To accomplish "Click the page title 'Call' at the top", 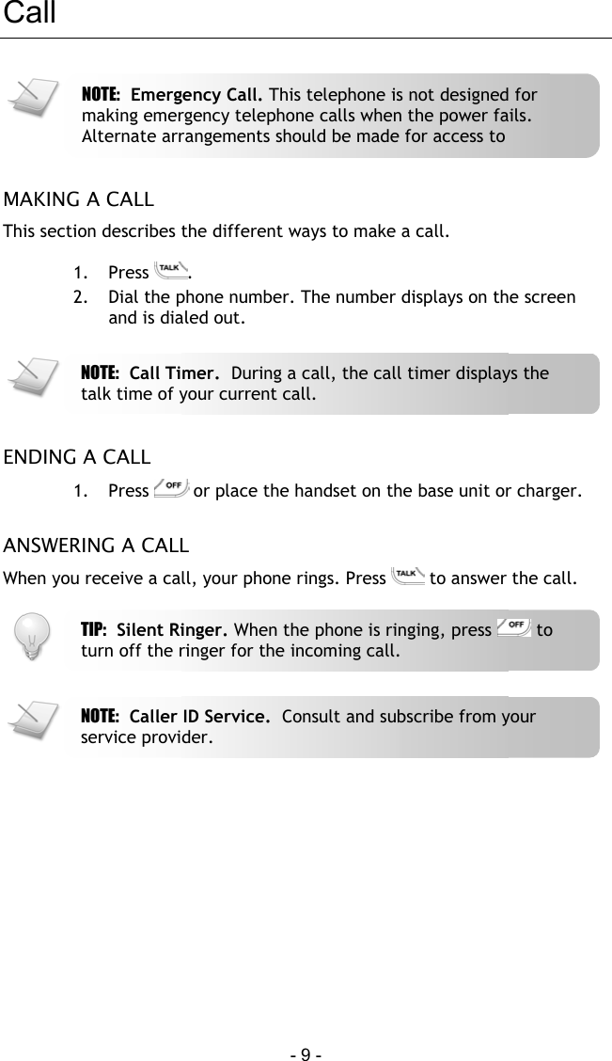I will coord(29,14).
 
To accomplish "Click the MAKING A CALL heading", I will coord(79,200).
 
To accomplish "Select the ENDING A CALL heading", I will coord(77,458).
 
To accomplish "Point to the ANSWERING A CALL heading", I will coord(96,546).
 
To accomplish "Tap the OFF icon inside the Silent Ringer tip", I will coord(514,628).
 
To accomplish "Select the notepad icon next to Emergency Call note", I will coord(30,98).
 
